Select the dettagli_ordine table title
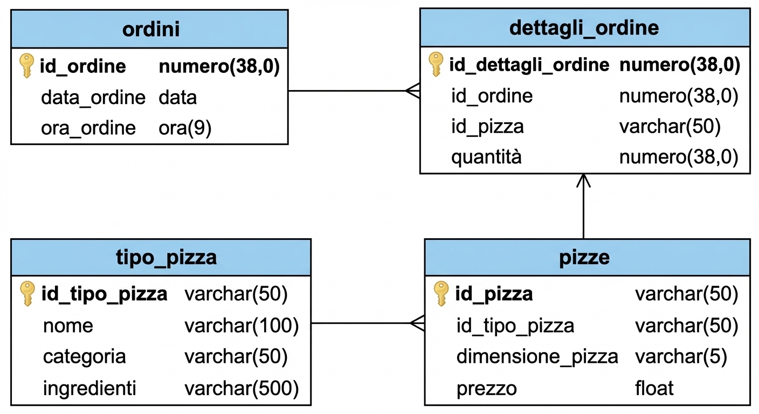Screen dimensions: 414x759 (584, 28)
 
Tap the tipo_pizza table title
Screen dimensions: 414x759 (166, 258)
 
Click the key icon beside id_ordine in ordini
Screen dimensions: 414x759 (26, 66)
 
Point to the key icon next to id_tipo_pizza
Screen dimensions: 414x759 (27, 294)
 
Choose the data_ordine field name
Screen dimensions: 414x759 (93, 98)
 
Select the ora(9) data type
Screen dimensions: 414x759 (185, 128)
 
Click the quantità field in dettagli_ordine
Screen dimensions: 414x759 (486, 157)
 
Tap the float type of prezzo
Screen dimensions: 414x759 (654, 388)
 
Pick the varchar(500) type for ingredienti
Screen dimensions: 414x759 (241, 388)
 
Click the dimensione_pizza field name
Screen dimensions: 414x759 (537, 357)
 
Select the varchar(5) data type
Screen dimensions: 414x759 (681, 357)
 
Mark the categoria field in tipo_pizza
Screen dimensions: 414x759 (84, 357)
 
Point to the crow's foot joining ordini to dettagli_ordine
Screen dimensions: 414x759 (413, 91)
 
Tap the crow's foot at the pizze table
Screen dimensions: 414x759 (418, 323)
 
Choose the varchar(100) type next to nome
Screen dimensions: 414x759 (241, 326)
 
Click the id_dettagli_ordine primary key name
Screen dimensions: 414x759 (529, 65)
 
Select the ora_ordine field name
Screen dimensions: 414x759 (88, 128)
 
